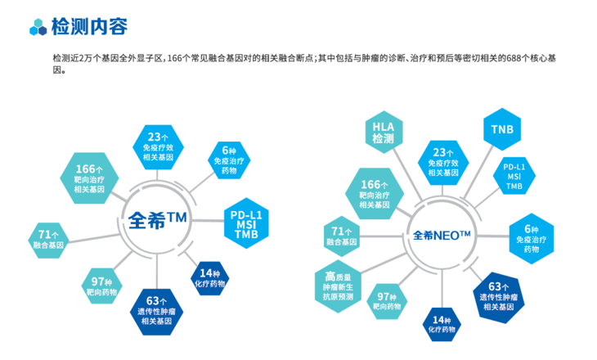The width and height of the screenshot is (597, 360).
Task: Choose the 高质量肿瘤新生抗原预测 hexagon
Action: pos(336,286)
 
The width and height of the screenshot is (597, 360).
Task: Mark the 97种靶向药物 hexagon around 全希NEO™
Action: pos(388,302)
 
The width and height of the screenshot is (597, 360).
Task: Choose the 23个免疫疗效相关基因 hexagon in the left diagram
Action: pos(158,145)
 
